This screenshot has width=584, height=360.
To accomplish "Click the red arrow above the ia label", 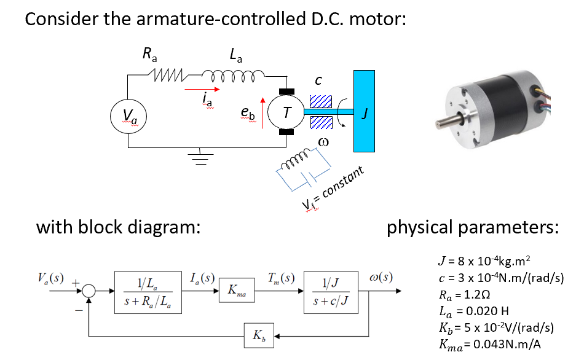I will pyautogui.click(x=208, y=87).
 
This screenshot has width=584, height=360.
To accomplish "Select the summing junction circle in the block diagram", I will pyautogui.click(x=90, y=291).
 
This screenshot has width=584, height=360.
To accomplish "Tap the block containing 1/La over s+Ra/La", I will pyautogui.click(x=148, y=291).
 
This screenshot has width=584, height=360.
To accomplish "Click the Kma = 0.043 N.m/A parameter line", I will pyautogui.click(x=490, y=344).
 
